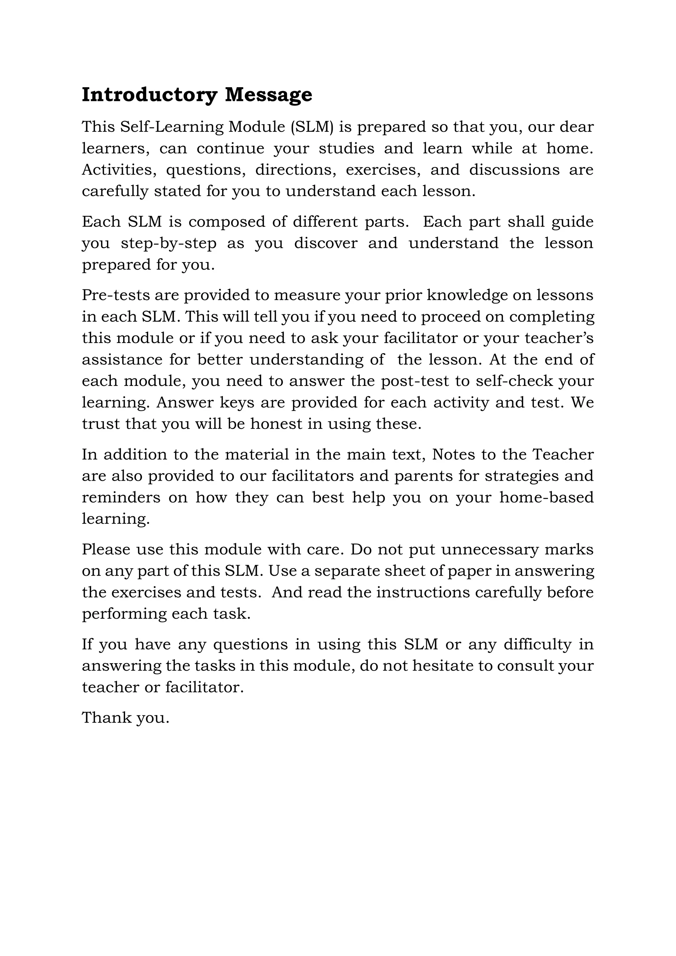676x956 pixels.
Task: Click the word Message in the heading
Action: pos(268,95)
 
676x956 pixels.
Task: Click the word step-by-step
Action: pos(169,243)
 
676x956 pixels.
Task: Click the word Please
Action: pos(106,550)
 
